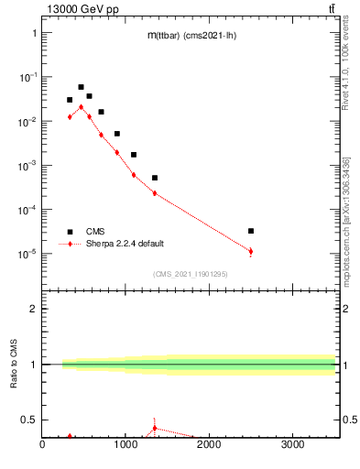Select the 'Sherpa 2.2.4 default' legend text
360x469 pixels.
(x=127, y=244)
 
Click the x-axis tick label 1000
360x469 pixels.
(x=125, y=446)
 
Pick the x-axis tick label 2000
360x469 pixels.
(x=209, y=446)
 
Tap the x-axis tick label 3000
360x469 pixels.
(x=292, y=446)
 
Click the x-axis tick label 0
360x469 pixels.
(x=42, y=446)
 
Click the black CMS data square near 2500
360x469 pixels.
(x=251, y=231)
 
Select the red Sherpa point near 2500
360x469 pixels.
(x=251, y=251)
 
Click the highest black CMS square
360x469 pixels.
(x=81, y=87)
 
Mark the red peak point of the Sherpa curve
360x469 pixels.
(x=81, y=106)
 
